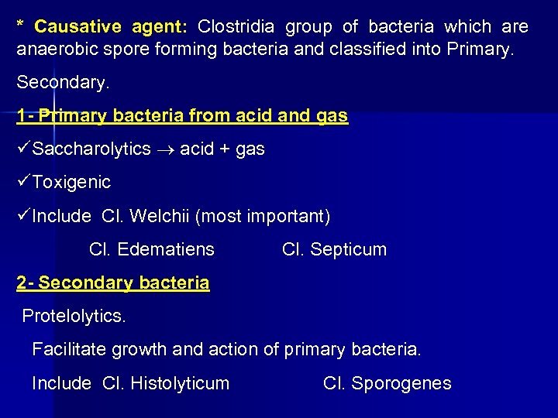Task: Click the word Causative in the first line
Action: (77, 27)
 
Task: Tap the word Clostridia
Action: (236, 27)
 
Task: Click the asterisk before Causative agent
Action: (20, 26)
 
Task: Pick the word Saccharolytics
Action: (92, 149)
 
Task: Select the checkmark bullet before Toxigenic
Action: (23, 182)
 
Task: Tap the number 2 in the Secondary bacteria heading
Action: (21, 283)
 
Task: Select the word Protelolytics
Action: (74, 316)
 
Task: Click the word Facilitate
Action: (69, 349)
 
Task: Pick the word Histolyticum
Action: (180, 383)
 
